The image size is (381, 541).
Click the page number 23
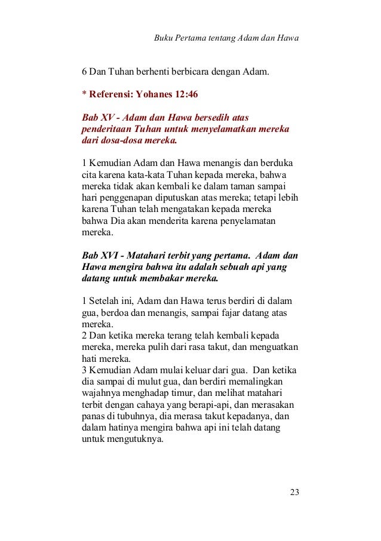coord(293,492)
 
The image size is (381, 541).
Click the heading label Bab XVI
coord(99,256)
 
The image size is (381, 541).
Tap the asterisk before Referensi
coord(84,94)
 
